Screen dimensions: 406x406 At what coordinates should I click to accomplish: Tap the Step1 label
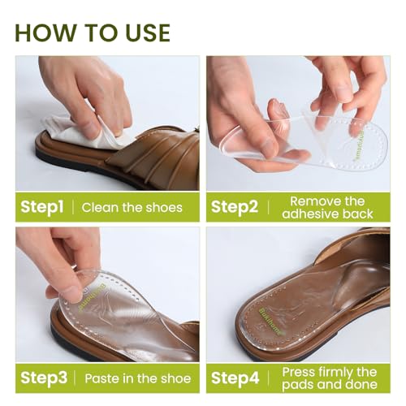click(42, 207)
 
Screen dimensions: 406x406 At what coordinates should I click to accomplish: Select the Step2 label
click(235, 207)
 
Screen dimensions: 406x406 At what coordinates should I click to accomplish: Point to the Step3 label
click(44, 378)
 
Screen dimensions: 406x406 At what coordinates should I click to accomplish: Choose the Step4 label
click(235, 378)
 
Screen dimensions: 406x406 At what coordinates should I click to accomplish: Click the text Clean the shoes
click(132, 208)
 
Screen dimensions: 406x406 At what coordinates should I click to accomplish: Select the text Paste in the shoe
click(138, 378)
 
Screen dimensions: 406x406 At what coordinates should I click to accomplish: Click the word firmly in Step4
click(335, 373)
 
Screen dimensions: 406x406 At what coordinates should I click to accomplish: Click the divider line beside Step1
click(73, 207)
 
